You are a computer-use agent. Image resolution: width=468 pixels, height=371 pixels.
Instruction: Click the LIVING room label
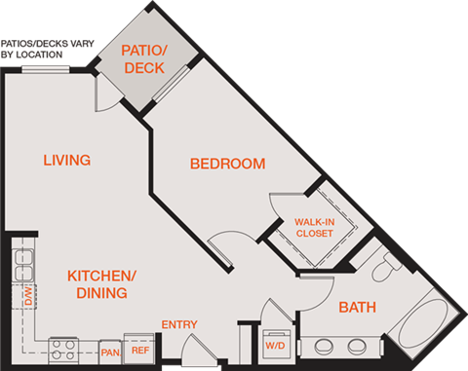(67, 160)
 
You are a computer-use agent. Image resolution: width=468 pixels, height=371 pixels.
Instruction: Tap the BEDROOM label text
(227, 164)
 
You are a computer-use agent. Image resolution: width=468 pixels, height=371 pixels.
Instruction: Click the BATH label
(357, 308)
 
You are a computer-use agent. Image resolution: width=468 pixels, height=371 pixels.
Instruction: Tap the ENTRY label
(179, 324)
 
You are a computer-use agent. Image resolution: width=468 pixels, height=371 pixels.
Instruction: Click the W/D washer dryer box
(277, 346)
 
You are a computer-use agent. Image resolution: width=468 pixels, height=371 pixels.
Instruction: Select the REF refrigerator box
(139, 350)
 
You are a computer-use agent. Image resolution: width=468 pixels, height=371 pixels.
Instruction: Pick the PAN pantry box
(110, 351)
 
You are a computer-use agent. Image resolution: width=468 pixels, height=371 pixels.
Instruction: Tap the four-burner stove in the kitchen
(64, 348)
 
